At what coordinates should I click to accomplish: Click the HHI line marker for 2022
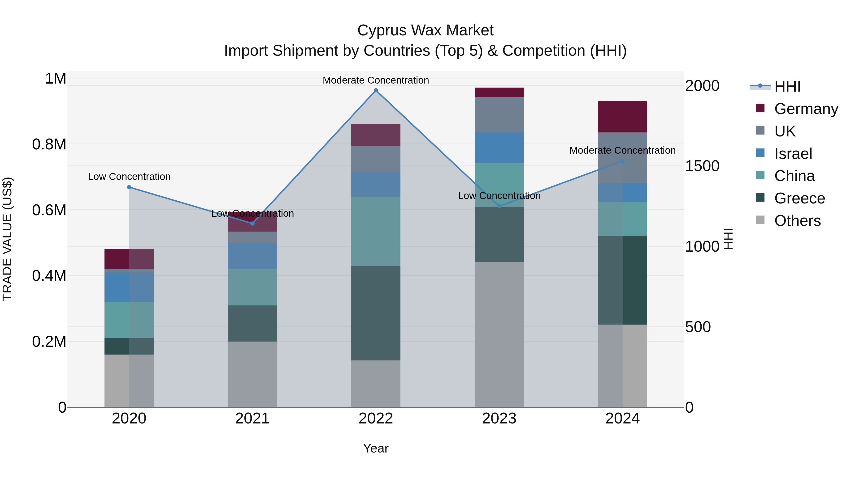click(376, 90)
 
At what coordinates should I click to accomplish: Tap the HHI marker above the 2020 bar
click(129, 187)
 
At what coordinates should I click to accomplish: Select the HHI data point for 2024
click(622, 161)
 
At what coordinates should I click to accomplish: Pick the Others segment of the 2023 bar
click(499, 334)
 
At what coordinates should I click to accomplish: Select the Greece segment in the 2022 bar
click(376, 313)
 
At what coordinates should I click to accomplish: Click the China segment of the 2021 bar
click(252, 287)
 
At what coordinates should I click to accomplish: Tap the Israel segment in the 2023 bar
click(499, 148)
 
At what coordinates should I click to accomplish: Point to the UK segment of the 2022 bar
click(376, 159)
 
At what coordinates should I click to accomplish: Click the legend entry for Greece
click(799, 198)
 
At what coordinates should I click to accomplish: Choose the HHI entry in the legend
click(787, 86)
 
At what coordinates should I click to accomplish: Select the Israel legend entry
click(793, 154)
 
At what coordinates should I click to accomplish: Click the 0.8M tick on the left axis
click(49, 144)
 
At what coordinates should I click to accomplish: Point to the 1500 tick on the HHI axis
click(702, 166)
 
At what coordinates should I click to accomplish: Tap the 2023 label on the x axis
click(499, 419)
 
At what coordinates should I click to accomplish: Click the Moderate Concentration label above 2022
click(376, 80)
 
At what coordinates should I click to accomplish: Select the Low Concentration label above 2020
click(129, 177)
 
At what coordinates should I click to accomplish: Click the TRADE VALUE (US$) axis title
click(7, 239)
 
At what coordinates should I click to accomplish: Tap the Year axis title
click(376, 448)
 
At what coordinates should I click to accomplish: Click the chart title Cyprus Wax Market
click(425, 30)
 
